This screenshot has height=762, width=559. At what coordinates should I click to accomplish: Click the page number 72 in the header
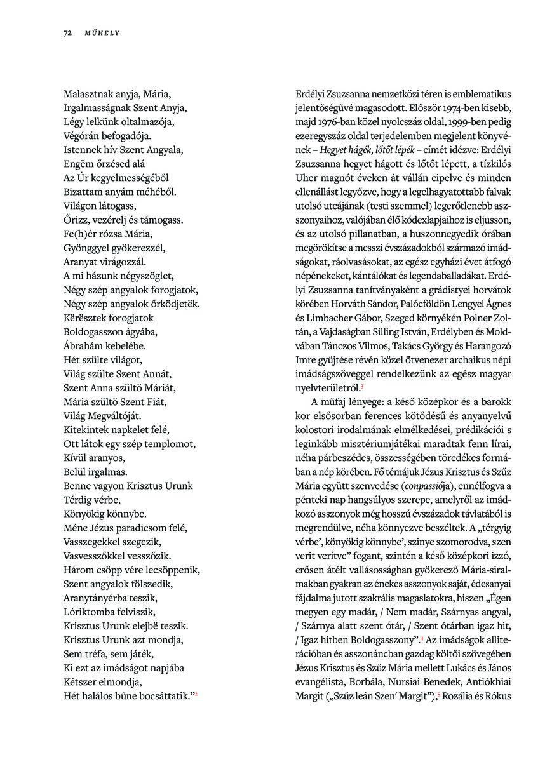coord(67,32)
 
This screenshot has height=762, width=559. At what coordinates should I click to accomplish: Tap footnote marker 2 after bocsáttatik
coord(196,695)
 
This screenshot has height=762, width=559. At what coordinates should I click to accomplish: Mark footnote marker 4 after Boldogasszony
coord(422,638)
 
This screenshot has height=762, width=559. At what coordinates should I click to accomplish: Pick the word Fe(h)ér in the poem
coord(79,234)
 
